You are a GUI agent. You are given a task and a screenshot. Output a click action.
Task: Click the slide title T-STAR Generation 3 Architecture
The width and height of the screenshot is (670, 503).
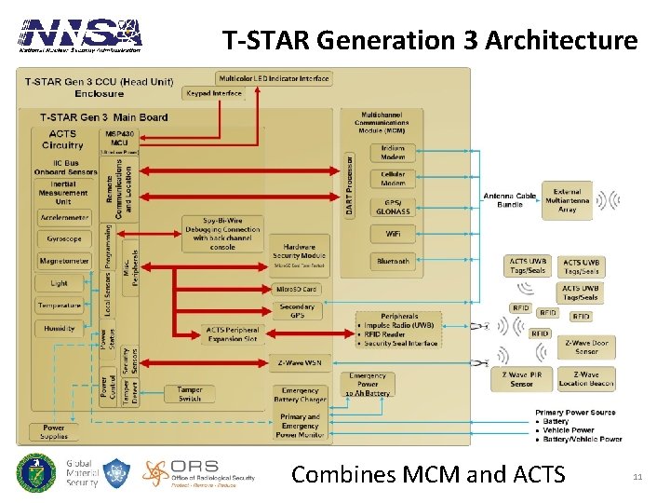pos(430,40)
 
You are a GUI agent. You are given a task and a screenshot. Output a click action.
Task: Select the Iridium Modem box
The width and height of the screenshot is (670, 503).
pos(393,153)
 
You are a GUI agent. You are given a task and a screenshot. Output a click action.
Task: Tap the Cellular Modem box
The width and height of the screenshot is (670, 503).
pos(393,179)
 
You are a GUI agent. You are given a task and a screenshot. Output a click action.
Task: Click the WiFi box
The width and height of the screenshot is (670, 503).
pos(393,235)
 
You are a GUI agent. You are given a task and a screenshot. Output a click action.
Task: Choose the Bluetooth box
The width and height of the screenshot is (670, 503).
pos(393,262)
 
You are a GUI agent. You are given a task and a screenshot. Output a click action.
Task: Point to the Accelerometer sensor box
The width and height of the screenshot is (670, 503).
pos(64,217)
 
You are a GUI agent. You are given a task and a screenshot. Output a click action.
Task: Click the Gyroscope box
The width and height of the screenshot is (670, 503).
pos(64,238)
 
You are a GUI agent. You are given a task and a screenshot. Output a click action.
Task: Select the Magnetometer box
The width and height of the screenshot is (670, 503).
pos(64,261)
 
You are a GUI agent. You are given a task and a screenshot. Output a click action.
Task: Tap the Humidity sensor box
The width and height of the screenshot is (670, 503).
pos(60,329)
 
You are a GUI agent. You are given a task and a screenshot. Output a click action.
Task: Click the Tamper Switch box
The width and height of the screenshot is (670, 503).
pos(190,394)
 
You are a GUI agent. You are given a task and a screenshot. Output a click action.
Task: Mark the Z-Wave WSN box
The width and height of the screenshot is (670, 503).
pos(300,363)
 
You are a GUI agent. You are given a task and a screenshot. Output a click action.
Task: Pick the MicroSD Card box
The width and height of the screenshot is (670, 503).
pos(297,289)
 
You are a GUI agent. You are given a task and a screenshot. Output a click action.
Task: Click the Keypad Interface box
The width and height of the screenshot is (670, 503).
pos(214,93)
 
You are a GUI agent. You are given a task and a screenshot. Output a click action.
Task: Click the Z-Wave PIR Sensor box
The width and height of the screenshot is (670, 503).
pos(521,378)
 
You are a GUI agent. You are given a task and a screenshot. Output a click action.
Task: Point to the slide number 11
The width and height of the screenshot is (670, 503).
pos(637,477)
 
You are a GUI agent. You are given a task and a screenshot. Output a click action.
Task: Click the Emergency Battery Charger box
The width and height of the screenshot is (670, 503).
pos(300,395)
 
